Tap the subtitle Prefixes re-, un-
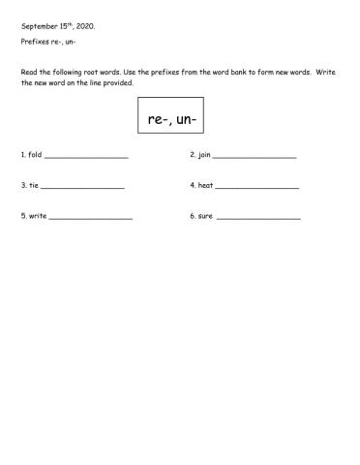[x=48, y=43]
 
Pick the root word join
[x=204, y=155]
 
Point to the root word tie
[x=33, y=185]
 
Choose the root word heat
[x=206, y=185]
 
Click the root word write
[x=37, y=216]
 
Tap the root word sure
[x=205, y=216]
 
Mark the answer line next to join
[x=254, y=158]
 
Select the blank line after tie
[x=83, y=188]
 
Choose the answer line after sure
[x=258, y=219]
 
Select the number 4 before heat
[x=192, y=185]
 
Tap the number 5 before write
[x=22, y=216]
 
